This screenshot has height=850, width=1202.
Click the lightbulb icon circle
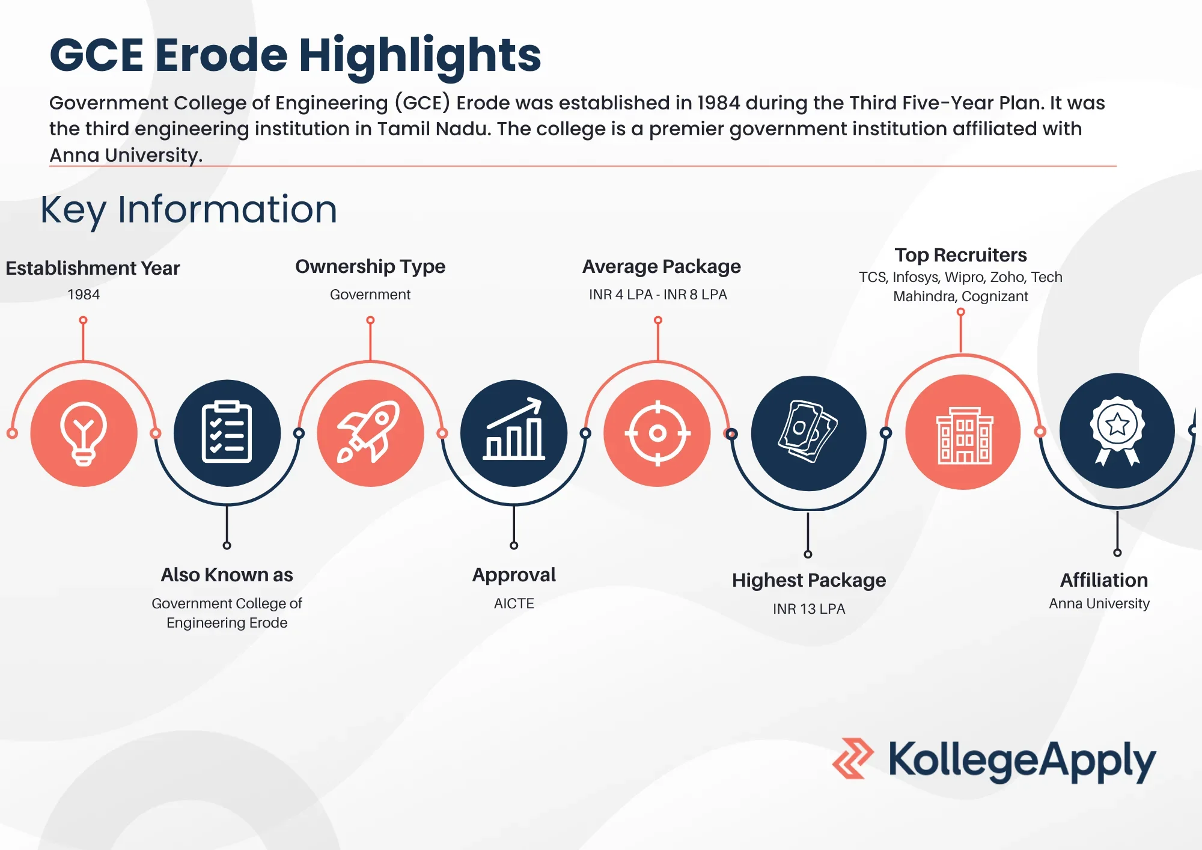pos(84,433)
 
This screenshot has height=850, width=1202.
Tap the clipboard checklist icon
pos(227,433)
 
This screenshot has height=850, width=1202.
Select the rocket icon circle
pos(370,433)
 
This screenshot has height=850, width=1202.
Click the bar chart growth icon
pos(514,433)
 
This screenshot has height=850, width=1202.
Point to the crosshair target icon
pos(657,433)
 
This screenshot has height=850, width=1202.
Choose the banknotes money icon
pos(808,433)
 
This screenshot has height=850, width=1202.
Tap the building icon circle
pos(963,433)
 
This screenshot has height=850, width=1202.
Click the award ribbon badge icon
pos(1117,431)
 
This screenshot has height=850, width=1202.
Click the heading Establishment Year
pos(93,268)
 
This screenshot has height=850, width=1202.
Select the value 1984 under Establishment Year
pos(84,295)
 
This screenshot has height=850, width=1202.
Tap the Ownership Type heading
pos(370,266)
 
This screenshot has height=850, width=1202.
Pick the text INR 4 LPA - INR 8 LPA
pos(658,295)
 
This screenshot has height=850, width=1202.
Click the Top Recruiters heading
pos(960,255)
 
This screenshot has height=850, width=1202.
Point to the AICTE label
pos(514,604)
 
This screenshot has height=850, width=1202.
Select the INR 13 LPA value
pos(809,609)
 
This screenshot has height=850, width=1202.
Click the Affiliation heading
pos(1104,580)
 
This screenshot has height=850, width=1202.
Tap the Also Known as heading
pos(227,575)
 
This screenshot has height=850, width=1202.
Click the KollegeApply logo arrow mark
pos(852,759)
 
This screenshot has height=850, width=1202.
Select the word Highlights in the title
pos(420,55)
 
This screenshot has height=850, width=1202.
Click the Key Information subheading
pos(189,210)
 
